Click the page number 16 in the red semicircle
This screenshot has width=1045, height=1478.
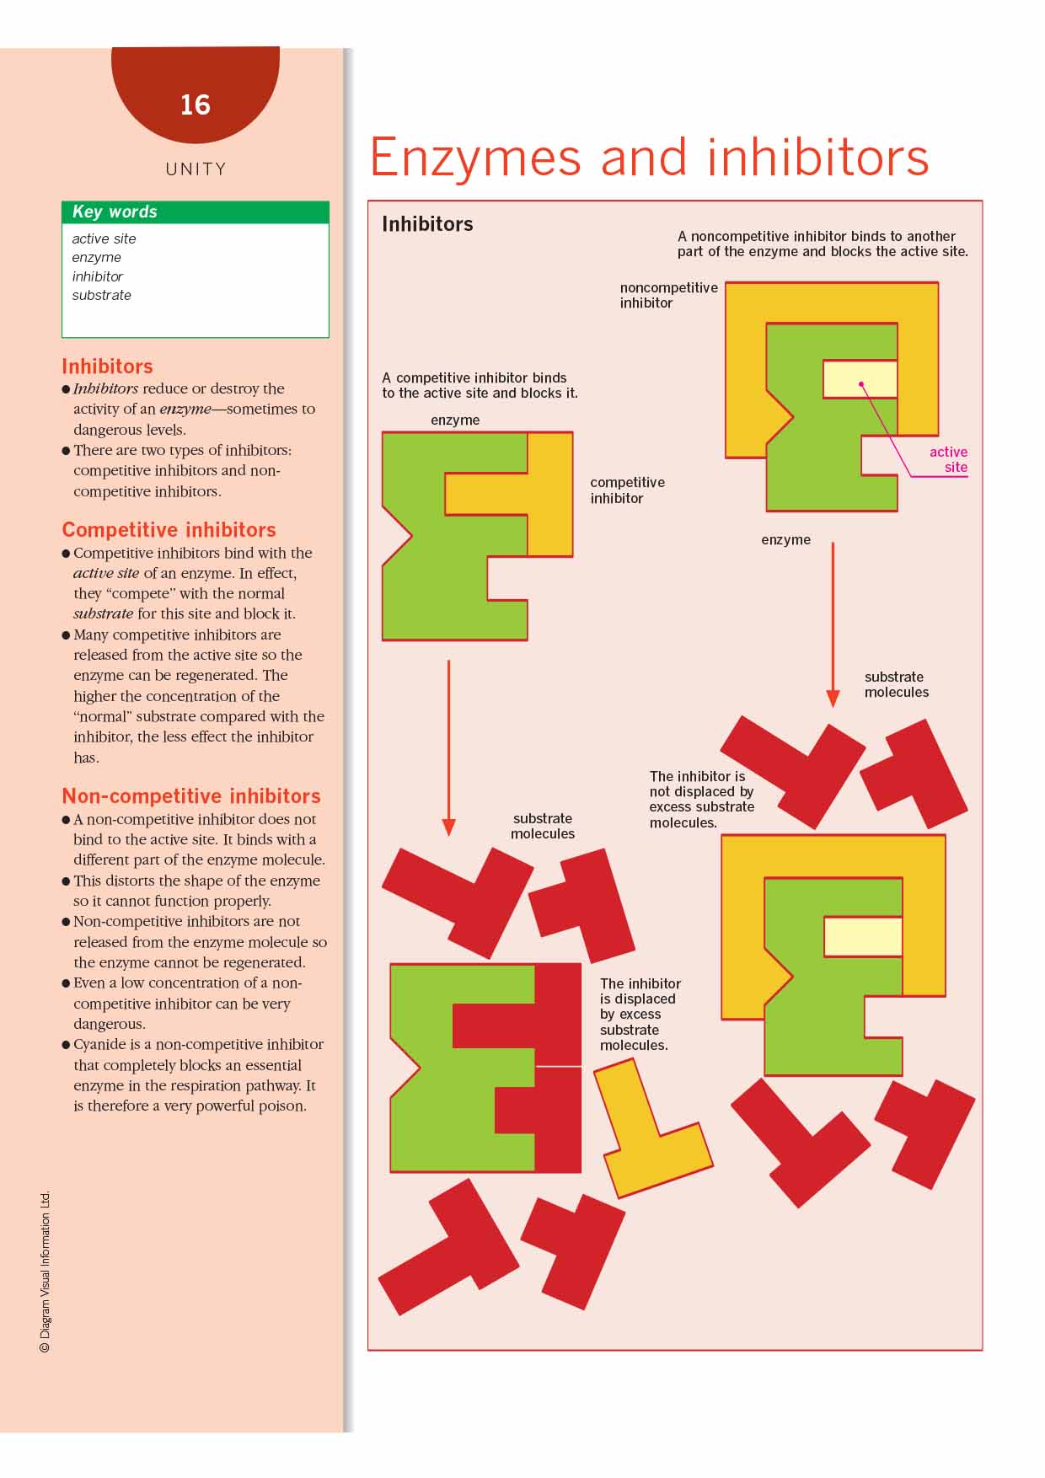click(x=195, y=104)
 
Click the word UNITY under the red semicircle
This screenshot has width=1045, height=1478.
click(x=196, y=169)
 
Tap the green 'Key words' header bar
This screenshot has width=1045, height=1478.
click(x=195, y=212)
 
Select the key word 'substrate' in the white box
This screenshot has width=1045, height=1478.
click(x=101, y=295)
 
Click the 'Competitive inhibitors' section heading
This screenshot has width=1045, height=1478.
click(x=169, y=529)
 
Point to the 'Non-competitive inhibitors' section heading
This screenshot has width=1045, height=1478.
click(x=190, y=795)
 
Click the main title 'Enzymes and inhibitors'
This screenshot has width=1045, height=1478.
click(x=649, y=158)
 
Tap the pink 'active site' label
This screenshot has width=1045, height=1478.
click(x=948, y=459)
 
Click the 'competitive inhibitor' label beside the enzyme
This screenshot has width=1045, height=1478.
click(x=627, y=490)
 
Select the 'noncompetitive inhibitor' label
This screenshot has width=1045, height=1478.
click(x=668, y=295)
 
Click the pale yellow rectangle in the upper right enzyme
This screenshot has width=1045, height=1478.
click(x=859, y=378)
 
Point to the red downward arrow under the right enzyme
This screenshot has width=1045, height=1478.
click(x=833, y=624)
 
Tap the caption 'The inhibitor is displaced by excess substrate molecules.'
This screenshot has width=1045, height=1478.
click(x=640, y=1014)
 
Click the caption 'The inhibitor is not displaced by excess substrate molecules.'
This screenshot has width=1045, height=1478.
click(x=701, y=799)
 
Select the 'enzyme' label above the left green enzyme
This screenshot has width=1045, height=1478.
click(x=455, y=420)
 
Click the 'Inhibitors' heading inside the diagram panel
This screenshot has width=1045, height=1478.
click(x=427, y=224)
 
